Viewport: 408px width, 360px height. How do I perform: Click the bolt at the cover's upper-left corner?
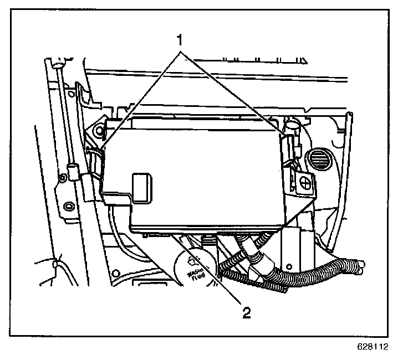(x=100, y=131)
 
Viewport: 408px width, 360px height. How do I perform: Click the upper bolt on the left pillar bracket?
(x=64, y=177)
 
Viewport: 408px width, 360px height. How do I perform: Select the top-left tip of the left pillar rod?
(x=55, y=65)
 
